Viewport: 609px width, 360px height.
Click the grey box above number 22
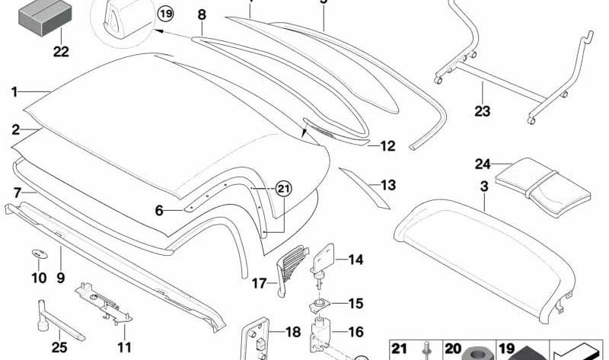click(x=45, y=18)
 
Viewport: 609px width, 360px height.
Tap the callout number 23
click(x=483, y=111)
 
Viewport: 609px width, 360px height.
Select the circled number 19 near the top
click(x=165, y=14)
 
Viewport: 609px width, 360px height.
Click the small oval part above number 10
click(x=39, y=254)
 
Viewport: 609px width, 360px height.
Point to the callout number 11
click(x=124, y=347)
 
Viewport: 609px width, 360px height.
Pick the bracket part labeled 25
click(x=58, y=320)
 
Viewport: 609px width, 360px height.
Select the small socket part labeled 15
click(x=320, y=305)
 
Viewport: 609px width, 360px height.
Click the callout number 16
click(x=356, y=332)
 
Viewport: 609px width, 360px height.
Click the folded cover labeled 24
click(x=543, y=186)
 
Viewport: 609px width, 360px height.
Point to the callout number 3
click(x=484, y=186)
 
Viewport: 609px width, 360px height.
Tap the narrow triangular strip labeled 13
click(x=364, y=188)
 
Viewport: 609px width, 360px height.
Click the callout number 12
click(x=387, y=146)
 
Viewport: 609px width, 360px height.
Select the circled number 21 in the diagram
click(x=283, y=189)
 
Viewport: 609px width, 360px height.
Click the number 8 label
click(x=202, y=14)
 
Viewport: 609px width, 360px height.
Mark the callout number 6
click(x=159, y=211)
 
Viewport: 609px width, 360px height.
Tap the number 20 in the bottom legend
click(x=452, y=349)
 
